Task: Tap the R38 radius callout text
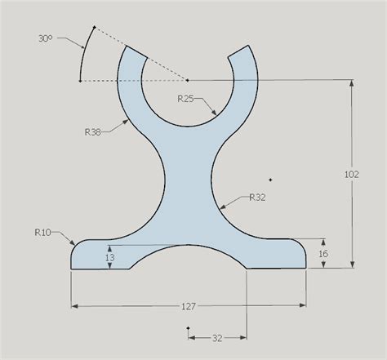[x=95, y=130]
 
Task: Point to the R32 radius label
[x=257, y=197]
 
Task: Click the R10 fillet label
[x=43, y=233]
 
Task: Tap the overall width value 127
[x=189, y=306]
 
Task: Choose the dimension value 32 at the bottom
[x=217, y=336]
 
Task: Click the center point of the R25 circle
[x=188, y=80]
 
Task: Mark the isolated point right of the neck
[x=270, y=179]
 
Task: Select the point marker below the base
[x=188, y=328]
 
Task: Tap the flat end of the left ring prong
[x=133, y=52]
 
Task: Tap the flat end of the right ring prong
[x=241, y=52]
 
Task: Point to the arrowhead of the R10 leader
[x=76, y=242]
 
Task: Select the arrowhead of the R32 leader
[x=220, y=205]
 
